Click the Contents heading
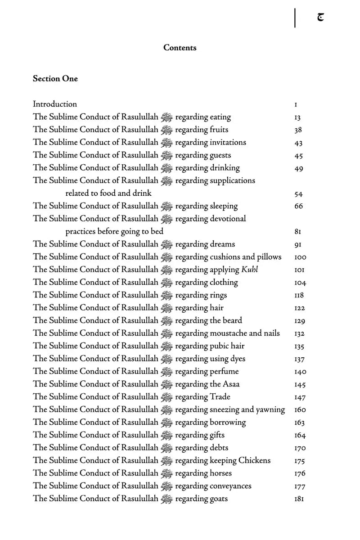click(180, 48)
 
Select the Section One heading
click(55, 79)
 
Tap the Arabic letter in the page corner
click(320, 18)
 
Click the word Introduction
click(54, 104)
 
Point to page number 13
click(297, 118)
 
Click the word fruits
click(219, 130)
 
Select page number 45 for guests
click(298, 156)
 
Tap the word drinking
click(225, 168)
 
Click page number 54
click(298, 194)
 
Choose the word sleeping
click(224, 206)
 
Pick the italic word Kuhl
click(250, 270)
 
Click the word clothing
click(224, 283)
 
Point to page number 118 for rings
click(299, 295)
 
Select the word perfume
click(224, 372)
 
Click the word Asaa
click(231, 384)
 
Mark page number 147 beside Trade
click(300, 397)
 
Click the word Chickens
click(255, 460)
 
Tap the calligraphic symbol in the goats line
click(166, 499)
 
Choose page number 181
click(299, 499)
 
